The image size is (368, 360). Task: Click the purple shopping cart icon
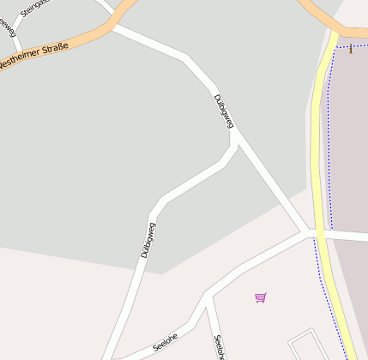260,297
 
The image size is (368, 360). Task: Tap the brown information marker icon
350,49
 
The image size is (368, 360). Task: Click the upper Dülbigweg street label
223,111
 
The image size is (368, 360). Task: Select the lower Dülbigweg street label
148,240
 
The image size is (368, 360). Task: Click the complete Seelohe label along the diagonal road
165,341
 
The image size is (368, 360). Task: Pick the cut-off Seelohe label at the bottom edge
219,347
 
